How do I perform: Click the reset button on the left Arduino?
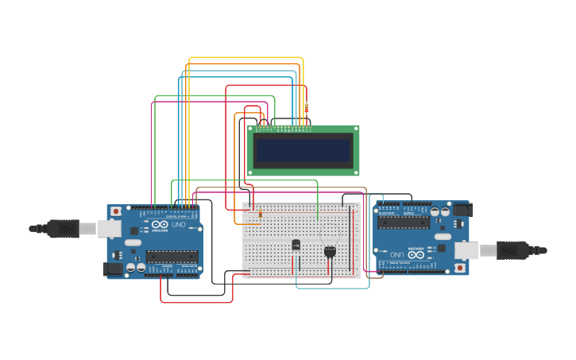click(x=116, y=211)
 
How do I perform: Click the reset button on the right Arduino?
click(x=460, y=268)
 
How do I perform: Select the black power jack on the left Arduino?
click(x=114, y=269)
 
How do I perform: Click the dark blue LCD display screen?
click(x=303, y=149)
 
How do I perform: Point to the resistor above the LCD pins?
click(x=307, y=110)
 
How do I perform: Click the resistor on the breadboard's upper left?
click(x=260, y=214)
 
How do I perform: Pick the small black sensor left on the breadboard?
click(x=296, y=245)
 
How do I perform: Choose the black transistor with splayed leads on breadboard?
click(x=330, y=251)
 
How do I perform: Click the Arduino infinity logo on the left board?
click(x=160, y=225)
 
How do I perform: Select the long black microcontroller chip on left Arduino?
click(x=172, y=256)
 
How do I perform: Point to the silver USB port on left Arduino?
click(x=108, y=229)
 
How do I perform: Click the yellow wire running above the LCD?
click(x=246, y=58)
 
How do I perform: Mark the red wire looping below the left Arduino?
click(x=196, y=302)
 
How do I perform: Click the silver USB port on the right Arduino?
click(x=467, y=250)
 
